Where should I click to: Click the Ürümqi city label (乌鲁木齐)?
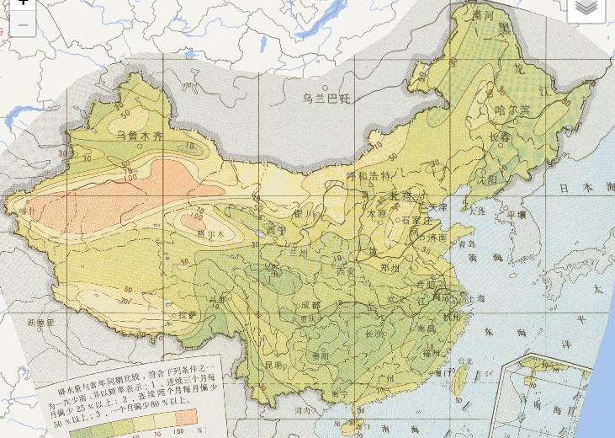click(140, 136)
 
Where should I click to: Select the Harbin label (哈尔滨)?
click(512, 110)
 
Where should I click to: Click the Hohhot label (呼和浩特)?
click(368, 176)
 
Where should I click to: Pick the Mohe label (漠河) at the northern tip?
click(483, 15)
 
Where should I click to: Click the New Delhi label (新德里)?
click(40, 323)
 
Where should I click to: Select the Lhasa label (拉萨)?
click(187, 314)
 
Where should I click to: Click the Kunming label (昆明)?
click(273, 366)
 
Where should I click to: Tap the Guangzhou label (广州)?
click(386, 379)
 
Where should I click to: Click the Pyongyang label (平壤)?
click(516, 216)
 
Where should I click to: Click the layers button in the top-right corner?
click(586, 8)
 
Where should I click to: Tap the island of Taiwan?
click(459, 381)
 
